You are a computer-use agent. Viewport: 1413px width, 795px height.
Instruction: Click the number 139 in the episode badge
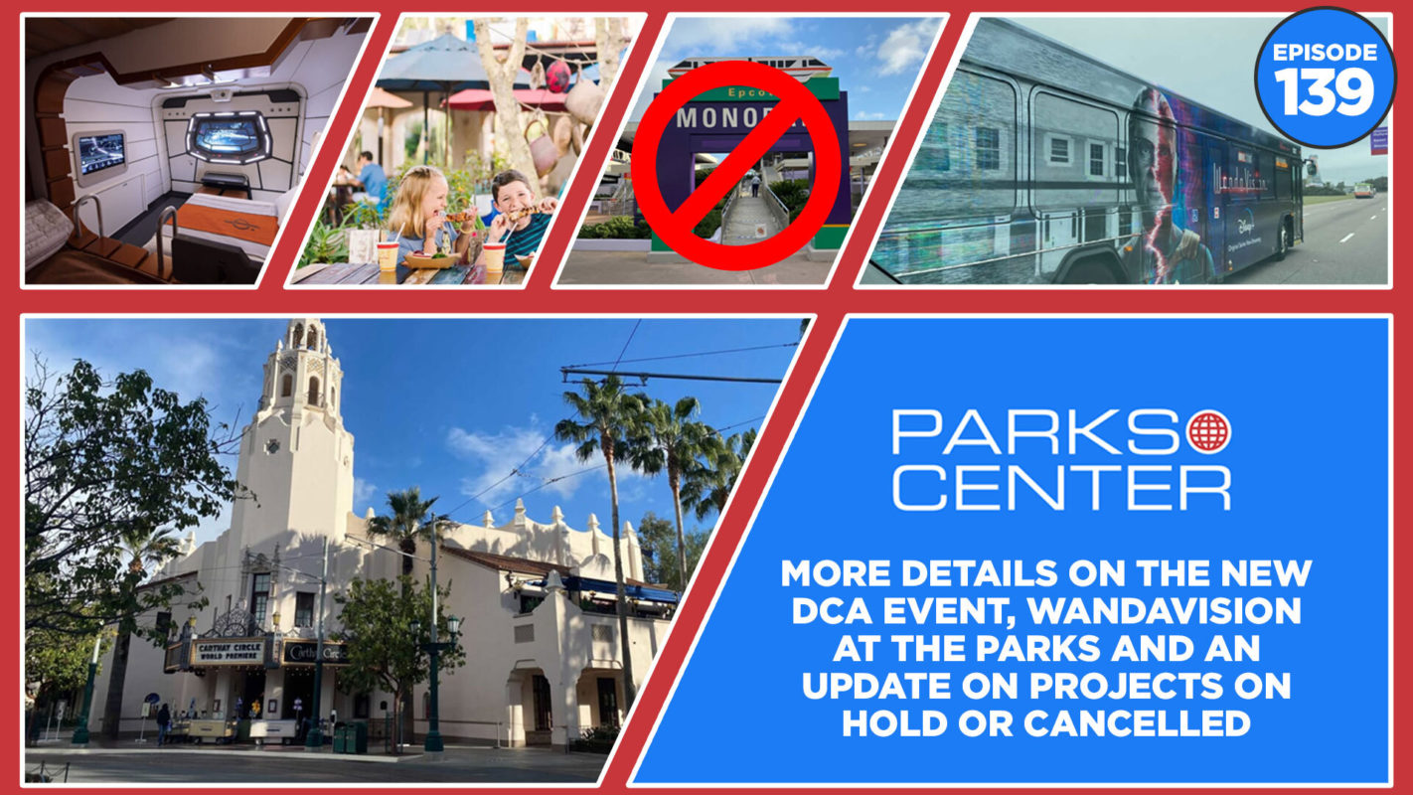coord(1324,92)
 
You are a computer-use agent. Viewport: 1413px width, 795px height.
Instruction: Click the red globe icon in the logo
coord(1208,431)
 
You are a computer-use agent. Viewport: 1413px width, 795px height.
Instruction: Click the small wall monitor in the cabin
coord(100,155)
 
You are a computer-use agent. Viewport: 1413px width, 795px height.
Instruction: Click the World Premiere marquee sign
coord(231,652)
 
